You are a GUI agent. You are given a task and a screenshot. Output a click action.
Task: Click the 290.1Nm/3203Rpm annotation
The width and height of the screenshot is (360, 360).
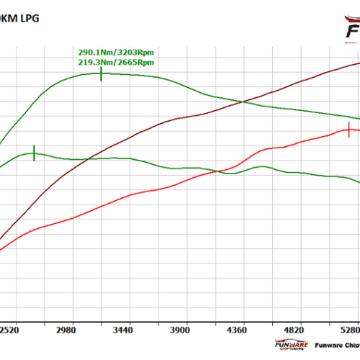coord(116,53)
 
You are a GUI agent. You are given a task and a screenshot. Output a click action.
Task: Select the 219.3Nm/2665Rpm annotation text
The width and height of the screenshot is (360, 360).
coord(116,63)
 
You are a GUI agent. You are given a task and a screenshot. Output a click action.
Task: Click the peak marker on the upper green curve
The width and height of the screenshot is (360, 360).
coord(101,73)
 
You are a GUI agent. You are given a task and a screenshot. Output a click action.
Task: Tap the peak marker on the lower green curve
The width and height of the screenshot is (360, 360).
coord(34,153)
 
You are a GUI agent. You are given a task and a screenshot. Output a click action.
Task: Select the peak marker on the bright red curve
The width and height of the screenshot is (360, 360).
coord(349,130)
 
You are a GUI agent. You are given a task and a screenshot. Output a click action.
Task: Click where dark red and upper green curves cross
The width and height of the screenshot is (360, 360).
coord(243,102)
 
